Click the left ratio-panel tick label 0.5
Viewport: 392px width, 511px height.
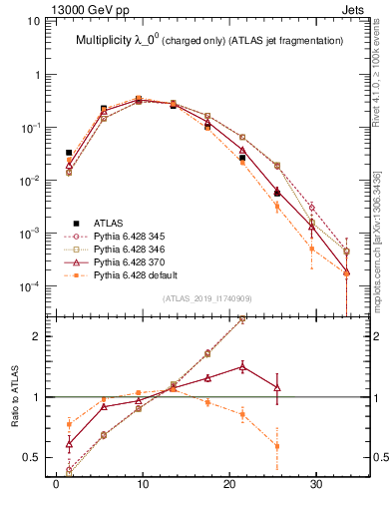[x=32, y=457]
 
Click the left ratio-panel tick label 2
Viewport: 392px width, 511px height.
[x=36, y=336]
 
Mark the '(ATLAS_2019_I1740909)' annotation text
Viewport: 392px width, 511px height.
[x=205, y=298]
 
